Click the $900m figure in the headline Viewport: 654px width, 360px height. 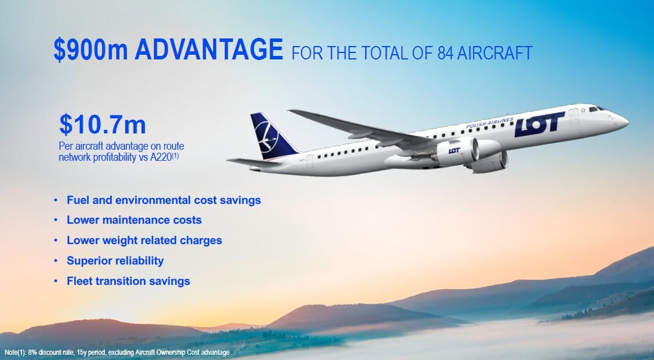[x=90, y=50]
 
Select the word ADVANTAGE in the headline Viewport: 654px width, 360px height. [x=209, y=50]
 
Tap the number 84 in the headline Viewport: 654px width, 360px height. [x=445, y=54]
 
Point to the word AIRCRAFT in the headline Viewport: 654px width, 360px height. [x=494, y=54]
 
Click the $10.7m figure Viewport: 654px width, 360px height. [x=102, y=125]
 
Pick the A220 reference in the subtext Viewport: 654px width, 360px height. [x=161, y=158]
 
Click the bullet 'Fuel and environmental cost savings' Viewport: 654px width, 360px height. [x=164, y=200]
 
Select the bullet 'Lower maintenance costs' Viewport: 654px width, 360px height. [x=135, y=220]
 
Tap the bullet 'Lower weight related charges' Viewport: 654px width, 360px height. [x=144, y=240]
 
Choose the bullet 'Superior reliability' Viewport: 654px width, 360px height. [x=115, y=261]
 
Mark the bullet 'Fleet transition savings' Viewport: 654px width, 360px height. [x=129, y=281]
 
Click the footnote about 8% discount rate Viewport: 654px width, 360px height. [x=117, y=352]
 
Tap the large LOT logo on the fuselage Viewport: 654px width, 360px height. [x=539, y=124]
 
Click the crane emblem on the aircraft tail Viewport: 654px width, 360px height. [x=267, y=136]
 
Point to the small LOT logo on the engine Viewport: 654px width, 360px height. [x=454, y=150]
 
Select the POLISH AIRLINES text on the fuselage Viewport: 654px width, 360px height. [x=490, y=123]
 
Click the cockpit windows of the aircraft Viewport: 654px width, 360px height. [x=598, y=108]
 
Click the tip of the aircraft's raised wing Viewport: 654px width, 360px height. [x=289, y=111]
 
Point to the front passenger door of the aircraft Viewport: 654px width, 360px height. [x=574, y=117]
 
